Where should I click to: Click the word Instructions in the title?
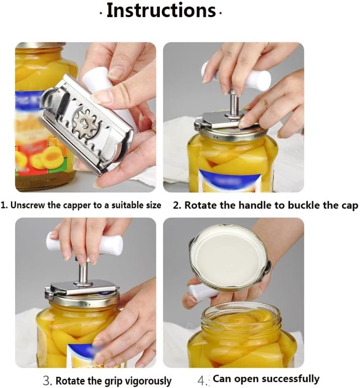161,11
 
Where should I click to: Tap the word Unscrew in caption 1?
27,205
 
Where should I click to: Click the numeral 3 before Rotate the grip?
47,381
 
